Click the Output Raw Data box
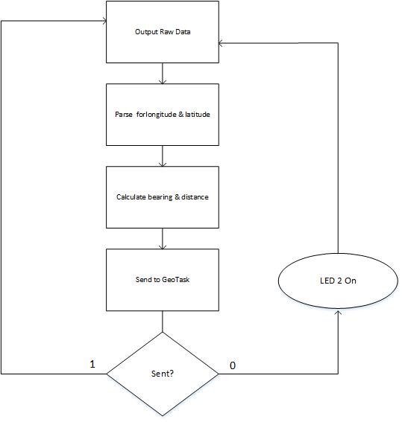(x=163, y=32)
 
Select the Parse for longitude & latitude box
(x=163, y=115)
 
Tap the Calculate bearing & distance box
(x=163, y=197)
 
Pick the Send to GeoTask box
(x=163, y=280)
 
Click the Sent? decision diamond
(x=163, y=374)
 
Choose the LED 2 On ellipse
(x=338, y=281)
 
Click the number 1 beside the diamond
(x=92, y=364)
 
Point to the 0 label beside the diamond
(x=233, y=365)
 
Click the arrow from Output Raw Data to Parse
(x=163, y=74)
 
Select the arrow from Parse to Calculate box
(x=163, y=156)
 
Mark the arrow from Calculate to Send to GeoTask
(x=163, y=239)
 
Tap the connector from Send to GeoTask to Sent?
(x=163, y=322)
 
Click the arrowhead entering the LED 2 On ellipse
(x=338, y=311)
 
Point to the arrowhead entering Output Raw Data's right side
(x=221, y=43)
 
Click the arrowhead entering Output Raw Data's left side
(x=104, y=21)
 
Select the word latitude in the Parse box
(x=198, y=115)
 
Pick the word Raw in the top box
(x=166, y=32)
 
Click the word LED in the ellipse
(x=327, y=281)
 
